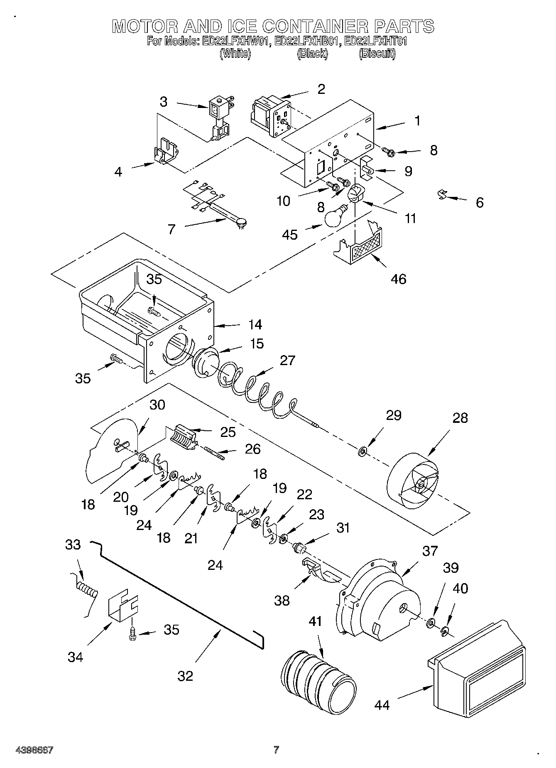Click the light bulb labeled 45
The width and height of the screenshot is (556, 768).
point(335,216)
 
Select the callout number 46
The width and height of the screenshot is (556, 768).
point(398,279)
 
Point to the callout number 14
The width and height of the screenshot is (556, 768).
point(255,324)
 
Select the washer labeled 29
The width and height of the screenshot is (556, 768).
point(363,451)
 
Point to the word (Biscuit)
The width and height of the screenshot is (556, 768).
point(377,54)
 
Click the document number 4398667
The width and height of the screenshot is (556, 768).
point(34,750)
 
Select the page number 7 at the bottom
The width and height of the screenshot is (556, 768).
point(276,749)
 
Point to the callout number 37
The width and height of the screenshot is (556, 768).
point(430,551)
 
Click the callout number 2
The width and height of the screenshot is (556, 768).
point(321,89)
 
